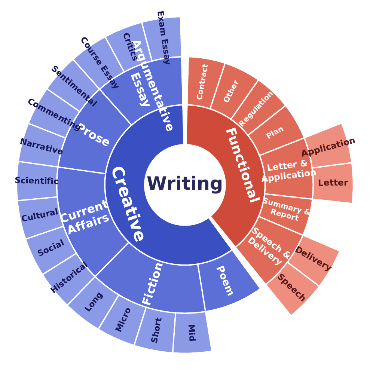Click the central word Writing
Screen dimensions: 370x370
[x=185, y=184]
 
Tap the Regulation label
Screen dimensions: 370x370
[x=256, y=109]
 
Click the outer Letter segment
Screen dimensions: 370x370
[x=333, y=183]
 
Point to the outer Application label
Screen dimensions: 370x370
[x=328, y=147]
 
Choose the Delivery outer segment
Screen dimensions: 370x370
[x=314, y=260]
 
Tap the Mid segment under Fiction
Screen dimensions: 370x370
[x=192, y=333]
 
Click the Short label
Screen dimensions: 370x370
[x=156, y=330]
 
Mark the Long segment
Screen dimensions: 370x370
[x=93, y=302]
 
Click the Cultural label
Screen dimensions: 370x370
[x=40, y=215]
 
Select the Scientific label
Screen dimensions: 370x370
[x=37, y=181]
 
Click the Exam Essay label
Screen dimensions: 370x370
[x=163, y=38]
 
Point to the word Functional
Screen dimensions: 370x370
[x=242, y=165]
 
